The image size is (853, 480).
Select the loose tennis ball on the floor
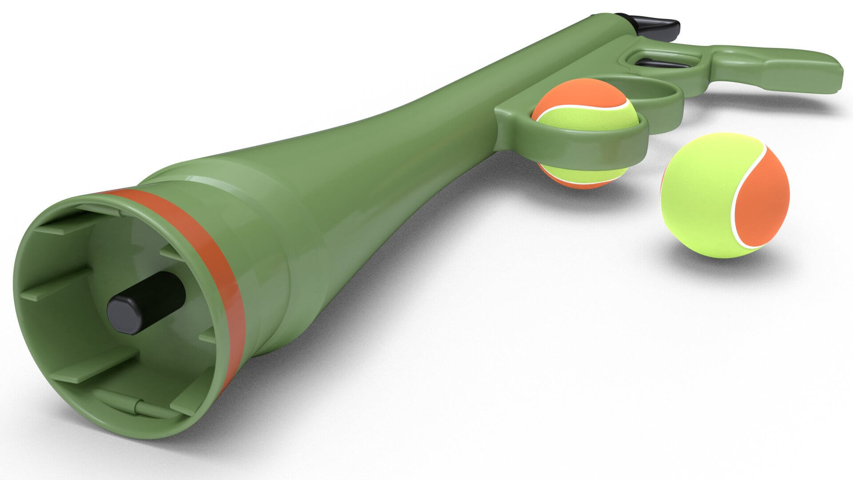(x=724, y=196)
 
